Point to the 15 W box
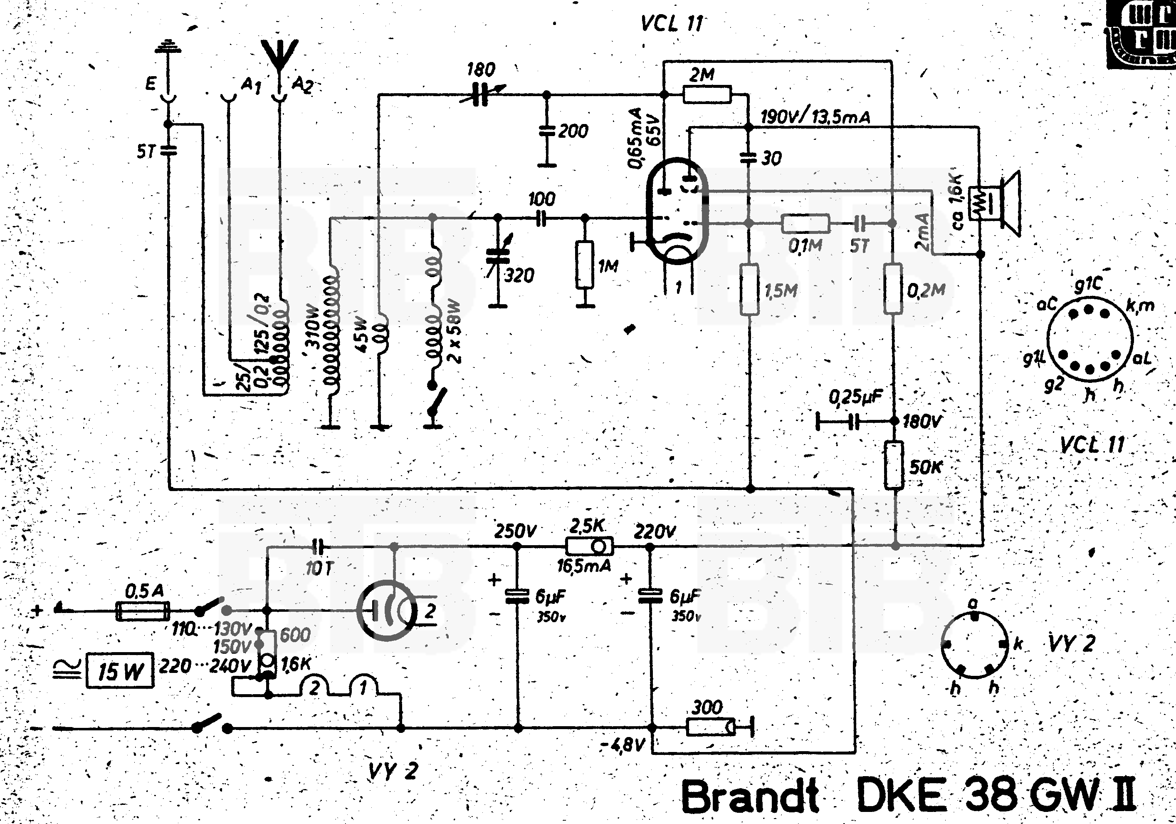pos(120,670)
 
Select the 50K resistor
pos(894,465)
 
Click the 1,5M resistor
pos(749,290)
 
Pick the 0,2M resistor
pos(893,289)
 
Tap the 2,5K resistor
pos(589,546)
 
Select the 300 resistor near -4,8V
pos(710,727)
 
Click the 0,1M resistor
pos(805,223)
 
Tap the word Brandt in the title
pos(750,797)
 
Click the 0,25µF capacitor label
pos(856,397)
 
